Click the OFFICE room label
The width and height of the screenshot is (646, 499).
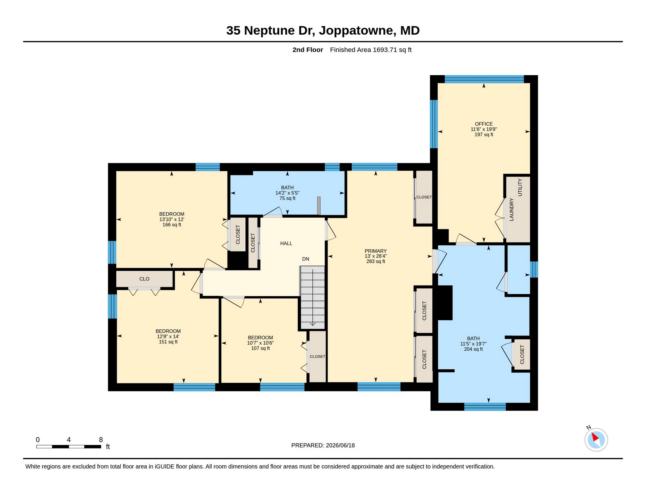pos(484,124)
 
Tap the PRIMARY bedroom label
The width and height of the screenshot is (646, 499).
pos(375,251)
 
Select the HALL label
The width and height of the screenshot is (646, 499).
pos(286,243)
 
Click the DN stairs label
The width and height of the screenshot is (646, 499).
pos(306,259)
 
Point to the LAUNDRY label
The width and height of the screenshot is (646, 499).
pos(511,210)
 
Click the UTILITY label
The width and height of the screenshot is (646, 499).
pos(520,187)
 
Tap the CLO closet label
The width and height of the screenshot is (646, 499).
pos(144,279)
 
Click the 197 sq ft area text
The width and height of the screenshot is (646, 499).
pos(484,134)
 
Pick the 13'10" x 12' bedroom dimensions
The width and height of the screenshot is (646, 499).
pos(172,219)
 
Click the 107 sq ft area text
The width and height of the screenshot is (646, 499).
pos(260,348)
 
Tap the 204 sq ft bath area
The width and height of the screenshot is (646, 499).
pos(473,349)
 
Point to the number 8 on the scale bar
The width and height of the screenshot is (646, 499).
pos(101,439)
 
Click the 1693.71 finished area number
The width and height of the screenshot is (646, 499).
pos(384,50)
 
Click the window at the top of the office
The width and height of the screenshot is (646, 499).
pos(484,79)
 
